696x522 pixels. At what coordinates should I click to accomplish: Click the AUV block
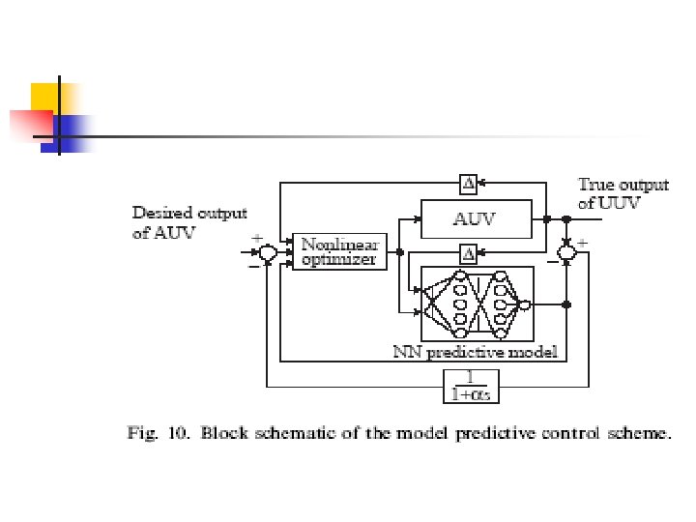pos(476,218)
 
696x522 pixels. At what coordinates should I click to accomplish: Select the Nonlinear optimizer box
pos(338,251)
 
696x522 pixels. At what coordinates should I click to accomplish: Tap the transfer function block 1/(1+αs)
pos(471,385)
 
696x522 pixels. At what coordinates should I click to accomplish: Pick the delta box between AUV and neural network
pos(469,254)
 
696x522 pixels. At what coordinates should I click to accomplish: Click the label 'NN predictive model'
pos(475,353)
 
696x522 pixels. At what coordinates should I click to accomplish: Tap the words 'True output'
pos(610,184)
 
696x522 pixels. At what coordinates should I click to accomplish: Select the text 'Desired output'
pos(189,214)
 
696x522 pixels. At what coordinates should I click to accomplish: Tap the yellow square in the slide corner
pos(48,100)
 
